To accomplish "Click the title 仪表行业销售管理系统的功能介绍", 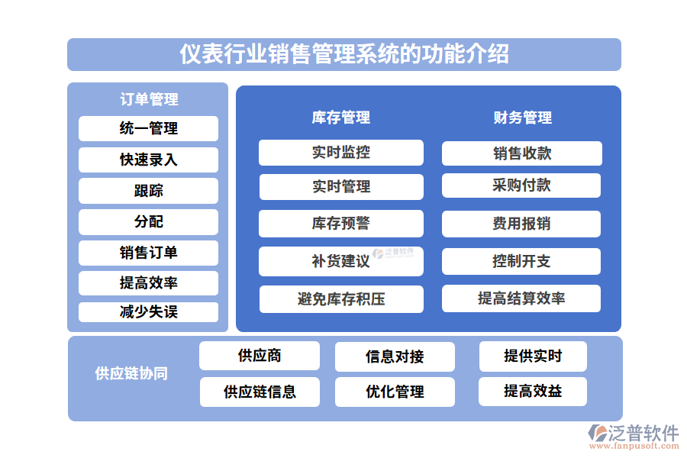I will tap(343, 54).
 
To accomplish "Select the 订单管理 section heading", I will tap(149, 99).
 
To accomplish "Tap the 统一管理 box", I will tap(148, 128).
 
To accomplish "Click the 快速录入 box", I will tap(148, 160).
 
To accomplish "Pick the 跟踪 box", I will tap(148, 191).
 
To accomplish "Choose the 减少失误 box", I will tap(148, 312).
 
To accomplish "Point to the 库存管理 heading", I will tap(340, 118).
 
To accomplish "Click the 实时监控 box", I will tap(340, 153).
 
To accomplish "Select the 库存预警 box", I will tap(340, 224).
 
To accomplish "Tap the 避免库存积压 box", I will tap(340, 298).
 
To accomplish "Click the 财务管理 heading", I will tap(522, 118).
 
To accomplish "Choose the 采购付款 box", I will tap(521, 185).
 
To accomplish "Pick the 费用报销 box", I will tap(521, 224).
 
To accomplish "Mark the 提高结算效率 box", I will tap(521, 298).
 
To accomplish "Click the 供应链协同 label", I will tap(131, 373).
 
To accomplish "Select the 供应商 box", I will tap(260, 356).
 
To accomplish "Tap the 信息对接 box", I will tap(395, 356).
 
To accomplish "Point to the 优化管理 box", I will tap(395, 392).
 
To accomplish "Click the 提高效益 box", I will tap(533, 392).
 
